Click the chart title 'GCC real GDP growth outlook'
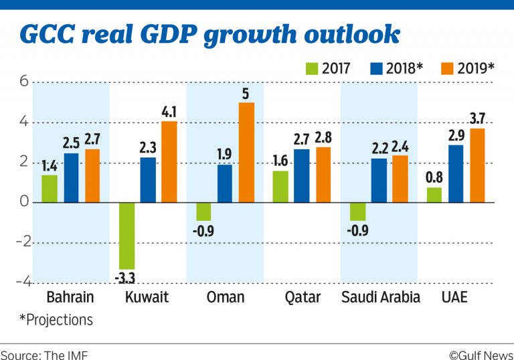pos(209,34)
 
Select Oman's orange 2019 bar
pos(246,152)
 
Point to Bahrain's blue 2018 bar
pos(72,177)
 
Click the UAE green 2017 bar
pos(434,195)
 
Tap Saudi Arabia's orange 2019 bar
pos(400,179)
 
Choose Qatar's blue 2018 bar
pos(303,175)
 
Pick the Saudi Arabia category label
pos(380,296)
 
